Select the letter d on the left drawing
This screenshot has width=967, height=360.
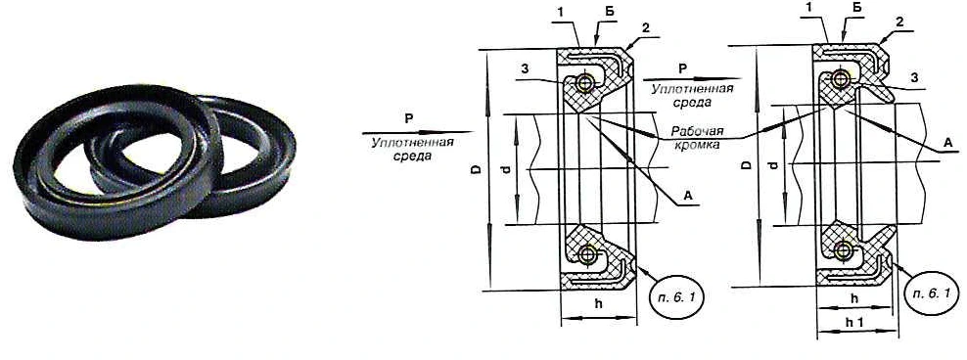pos(505,169)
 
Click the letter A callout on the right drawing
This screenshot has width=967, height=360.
pos(947,143)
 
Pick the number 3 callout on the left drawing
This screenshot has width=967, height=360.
pos(523,70)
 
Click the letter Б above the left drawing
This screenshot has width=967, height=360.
pos(602,13)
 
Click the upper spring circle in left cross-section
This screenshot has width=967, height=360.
pos(584,82)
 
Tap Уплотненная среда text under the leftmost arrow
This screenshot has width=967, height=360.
pos(413,149)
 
